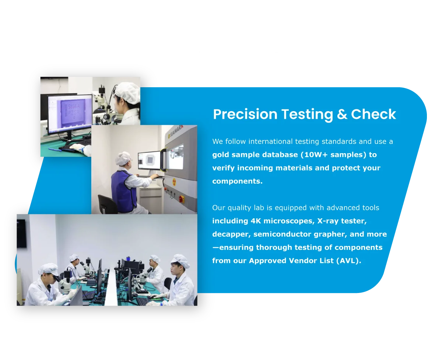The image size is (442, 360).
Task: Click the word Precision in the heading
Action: click(x=245, y=114)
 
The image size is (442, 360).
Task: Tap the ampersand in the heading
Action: click(x=342, y=114)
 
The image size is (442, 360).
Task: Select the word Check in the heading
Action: click(x=373, y=114)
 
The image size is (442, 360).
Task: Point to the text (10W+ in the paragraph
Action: click(x=314, y=155)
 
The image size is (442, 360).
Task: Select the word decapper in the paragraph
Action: click(x=231, y=234)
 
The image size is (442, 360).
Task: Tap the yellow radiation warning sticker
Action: click(x=174, y=182)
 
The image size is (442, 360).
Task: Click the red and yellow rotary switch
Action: click(x=181, y=199)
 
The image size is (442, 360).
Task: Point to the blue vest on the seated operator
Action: click(x=123, y=190)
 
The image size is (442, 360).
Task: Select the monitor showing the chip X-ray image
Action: click(x=150, y=161)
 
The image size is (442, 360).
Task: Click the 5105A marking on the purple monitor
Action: click(x=74, y=107)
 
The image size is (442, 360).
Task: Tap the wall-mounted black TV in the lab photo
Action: click(x=21, y=233)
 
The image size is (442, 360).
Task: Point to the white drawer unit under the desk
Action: click(x=151, y=199)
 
